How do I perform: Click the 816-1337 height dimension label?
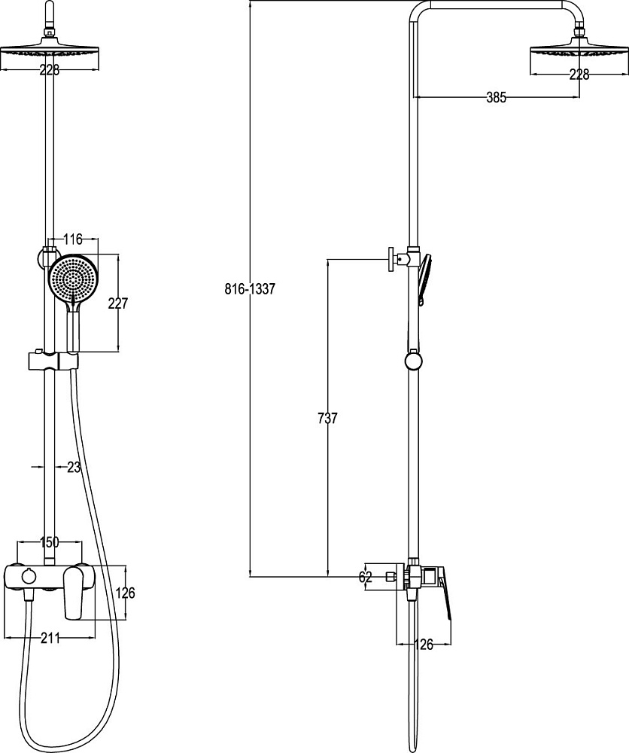(x=250, y=289)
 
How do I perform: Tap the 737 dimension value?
(x=328, y=418)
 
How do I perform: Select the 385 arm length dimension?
(x=496, y=97)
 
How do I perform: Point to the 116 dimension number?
(x=73, y=239)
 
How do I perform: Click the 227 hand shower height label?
(x=118, y=303)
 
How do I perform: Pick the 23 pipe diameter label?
(x=74, y=468)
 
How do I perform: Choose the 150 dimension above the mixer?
(x=49, y=542)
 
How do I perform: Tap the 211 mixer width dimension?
(x=50, y=639)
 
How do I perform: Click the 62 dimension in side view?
(x=366, y=577)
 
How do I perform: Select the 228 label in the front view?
(x=50, y=71)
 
